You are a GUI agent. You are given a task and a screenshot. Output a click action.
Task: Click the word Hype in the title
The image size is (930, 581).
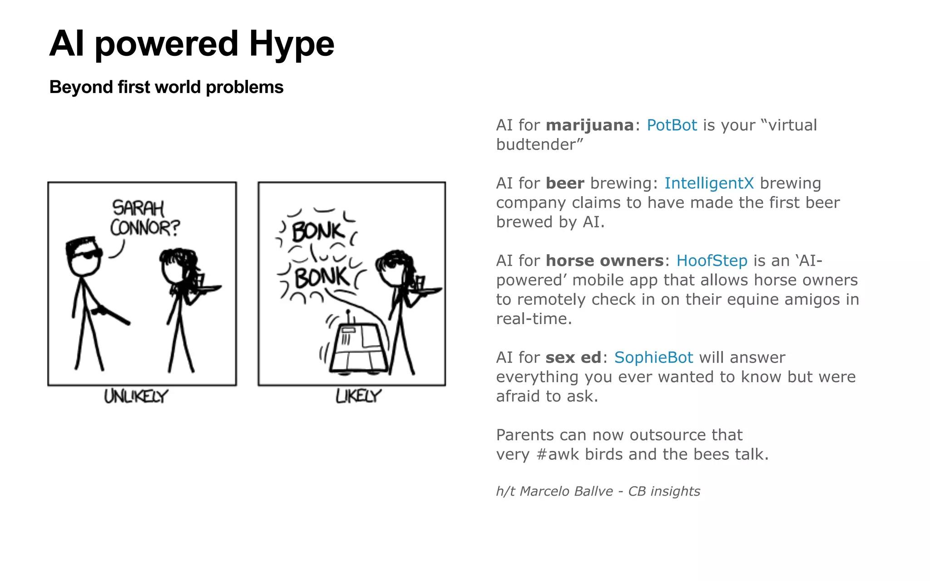point(292,44)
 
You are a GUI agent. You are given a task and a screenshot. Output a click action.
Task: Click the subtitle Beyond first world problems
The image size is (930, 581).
point(166,87)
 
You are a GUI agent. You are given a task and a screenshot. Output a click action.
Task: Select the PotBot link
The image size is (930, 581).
point(672,125)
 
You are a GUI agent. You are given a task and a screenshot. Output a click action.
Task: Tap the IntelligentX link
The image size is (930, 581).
point(708,183)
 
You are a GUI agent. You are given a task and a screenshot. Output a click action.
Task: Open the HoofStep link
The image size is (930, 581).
point(712,261)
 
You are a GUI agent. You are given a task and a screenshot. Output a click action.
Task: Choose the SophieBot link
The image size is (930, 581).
point(653,358)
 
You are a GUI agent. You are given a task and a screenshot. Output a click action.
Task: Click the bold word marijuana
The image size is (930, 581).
point(589,125)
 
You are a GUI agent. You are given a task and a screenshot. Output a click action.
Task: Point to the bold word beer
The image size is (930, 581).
point(565,183)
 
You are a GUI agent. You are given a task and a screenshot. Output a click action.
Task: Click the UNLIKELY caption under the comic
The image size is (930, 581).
point(136,396)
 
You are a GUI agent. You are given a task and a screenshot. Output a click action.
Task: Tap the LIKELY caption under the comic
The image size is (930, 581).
point(358,396)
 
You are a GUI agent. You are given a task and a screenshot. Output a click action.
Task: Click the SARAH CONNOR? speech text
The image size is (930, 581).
point(144,218)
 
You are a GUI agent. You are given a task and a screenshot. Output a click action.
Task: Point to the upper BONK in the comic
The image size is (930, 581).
point(318,231)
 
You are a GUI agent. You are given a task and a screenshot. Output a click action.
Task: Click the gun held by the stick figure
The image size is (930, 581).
point(111,314)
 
